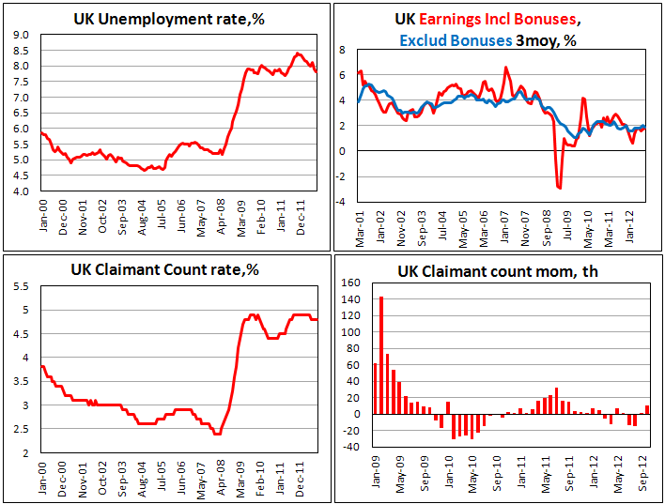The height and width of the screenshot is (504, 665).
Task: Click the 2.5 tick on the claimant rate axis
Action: [x=23, y=429]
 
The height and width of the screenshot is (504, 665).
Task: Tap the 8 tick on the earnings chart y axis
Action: [x=344, y=50]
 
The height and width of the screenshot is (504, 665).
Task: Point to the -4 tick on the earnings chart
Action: [x=342, y=201]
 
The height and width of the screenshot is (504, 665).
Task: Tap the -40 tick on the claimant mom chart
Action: [x=349, y=447]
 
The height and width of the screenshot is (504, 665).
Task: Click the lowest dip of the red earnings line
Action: [x=559, y=188]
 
